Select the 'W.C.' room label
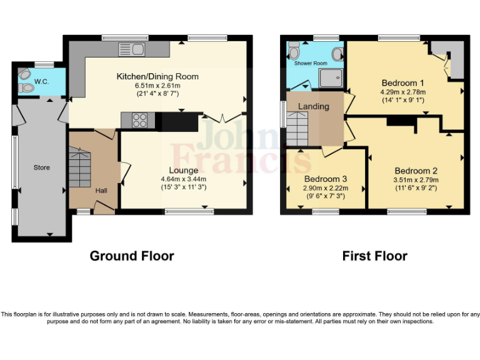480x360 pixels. tap(42, 81)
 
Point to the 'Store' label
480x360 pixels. tap(42, 167)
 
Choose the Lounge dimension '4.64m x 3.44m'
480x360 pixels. tap(183, 178)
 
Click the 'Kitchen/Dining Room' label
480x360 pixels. tap(157, 77)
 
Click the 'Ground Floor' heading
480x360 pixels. tap(132, 256)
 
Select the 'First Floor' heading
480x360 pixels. tap(374, 256)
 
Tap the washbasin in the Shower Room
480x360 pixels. tap(337, 54)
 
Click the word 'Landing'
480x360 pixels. tap(313, 106)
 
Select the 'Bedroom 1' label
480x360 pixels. tap(403, 83)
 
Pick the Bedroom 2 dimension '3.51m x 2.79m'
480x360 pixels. tap(416, 179)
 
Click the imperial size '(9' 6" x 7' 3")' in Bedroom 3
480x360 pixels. tap(325, 196)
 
